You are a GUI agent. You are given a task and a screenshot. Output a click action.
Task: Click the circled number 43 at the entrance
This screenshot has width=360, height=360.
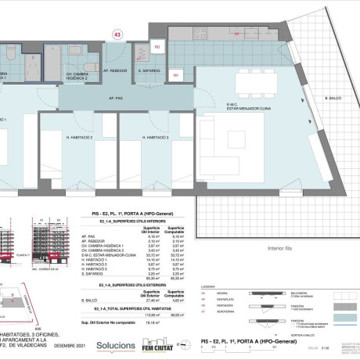(118, 33)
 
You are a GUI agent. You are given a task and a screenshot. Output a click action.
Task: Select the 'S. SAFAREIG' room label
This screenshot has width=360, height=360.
(149, 70)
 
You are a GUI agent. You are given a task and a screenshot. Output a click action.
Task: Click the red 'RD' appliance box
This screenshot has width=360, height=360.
(157, 48)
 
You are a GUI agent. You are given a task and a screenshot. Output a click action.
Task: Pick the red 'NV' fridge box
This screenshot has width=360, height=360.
(175, 75)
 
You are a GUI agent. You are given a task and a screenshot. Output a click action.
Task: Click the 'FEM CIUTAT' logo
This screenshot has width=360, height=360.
(158, 344)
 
